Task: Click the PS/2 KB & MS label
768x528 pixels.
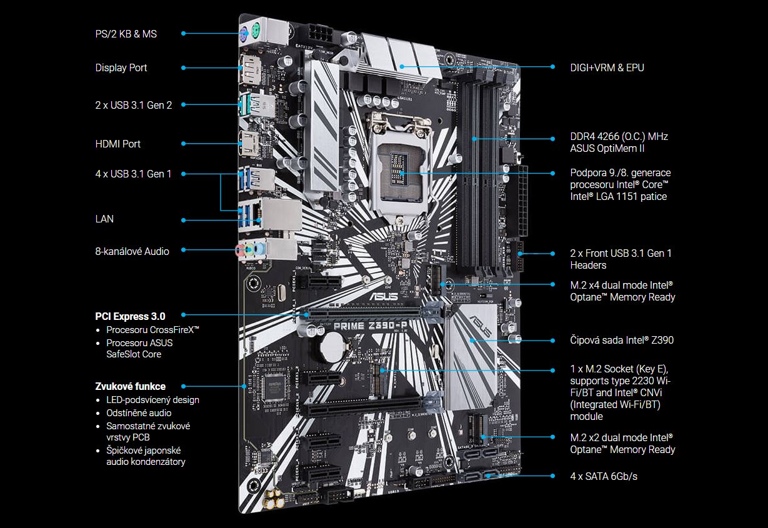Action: tap(126, 34)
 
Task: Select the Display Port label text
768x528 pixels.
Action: tap(121, 67)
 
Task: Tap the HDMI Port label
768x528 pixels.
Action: tap(118, 144)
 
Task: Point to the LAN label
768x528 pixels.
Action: tap(104, 219)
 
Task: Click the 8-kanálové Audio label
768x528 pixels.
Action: tap(132, 251)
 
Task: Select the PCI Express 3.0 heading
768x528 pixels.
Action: tap(130, 316)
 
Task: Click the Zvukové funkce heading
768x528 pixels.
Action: tap(130, 386)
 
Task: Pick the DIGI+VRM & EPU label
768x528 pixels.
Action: tap(607, 67)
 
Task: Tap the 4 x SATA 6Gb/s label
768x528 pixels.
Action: tap(604, 476)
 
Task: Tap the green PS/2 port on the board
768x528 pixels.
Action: tap(246, 29)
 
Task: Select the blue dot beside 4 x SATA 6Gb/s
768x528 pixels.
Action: tap(553, 476)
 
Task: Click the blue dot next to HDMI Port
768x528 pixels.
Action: tap(183, 144)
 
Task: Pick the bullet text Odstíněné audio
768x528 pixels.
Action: tap(139, 413)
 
